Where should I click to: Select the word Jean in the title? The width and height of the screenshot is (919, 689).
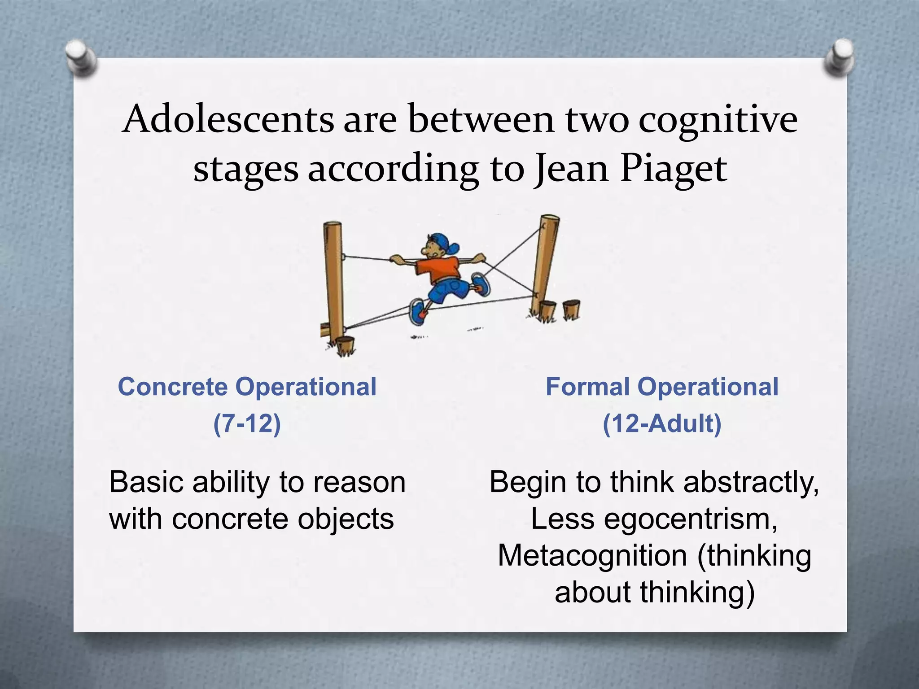pos(571,169)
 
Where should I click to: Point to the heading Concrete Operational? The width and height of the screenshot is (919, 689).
pos(247,387)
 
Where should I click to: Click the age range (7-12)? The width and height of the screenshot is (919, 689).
pos(247,423)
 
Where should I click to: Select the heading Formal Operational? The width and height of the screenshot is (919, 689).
pos(662,387)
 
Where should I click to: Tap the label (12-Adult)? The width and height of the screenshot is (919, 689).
pos(662,423)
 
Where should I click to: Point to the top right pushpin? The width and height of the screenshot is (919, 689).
pos(838,57)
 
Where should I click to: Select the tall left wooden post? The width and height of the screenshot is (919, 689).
pos(333,278)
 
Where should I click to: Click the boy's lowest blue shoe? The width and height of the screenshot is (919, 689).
pos(418,311)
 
